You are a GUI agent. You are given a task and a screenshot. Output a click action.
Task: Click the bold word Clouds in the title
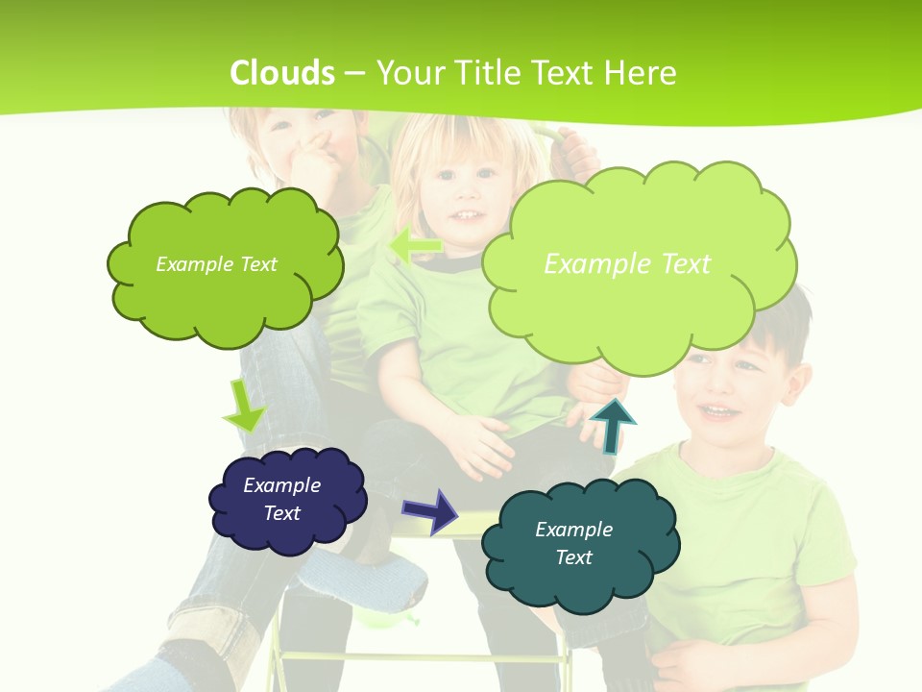coord(282,73)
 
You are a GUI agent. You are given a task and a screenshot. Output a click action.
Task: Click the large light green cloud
coord(638,308)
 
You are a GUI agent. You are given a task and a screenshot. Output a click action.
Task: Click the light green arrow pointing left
coord(415,246)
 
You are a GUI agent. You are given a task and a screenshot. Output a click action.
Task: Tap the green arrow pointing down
coord(244,406)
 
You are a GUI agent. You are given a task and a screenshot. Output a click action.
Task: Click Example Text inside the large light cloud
coord(627,263)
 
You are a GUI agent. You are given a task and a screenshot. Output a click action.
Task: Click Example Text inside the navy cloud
coord(282,499)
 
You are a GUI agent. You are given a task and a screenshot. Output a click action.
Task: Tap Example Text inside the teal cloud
coord(573,543)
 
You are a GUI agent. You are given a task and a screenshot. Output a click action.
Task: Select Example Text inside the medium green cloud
coord(216,263)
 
